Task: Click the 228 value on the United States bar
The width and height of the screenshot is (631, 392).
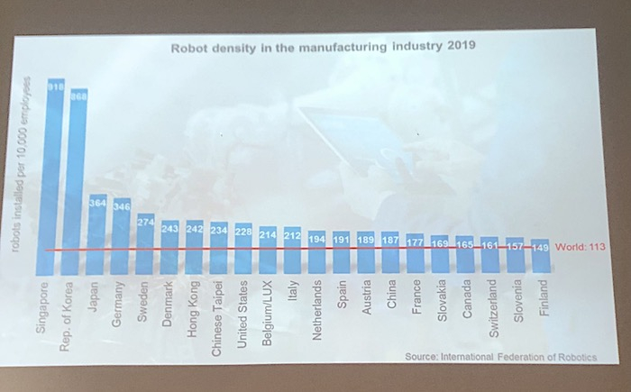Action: click(243, 230)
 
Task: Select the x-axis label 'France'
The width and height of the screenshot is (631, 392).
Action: click(416, 297)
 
